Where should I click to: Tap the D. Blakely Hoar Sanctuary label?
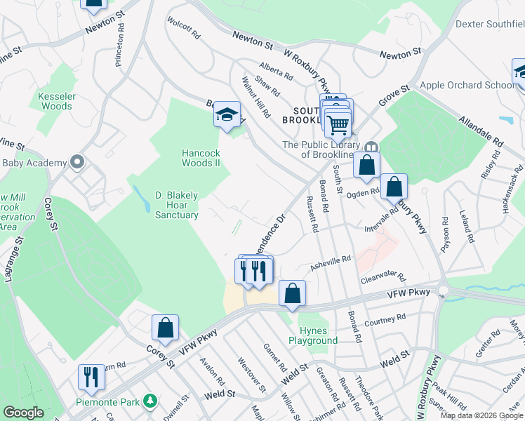(176, 205)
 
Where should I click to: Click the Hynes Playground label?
(313, 335)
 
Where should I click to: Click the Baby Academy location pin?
(77, 163)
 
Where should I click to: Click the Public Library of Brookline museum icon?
(371, 147)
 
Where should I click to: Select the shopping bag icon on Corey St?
(165, 327)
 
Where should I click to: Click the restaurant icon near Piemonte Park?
(91, 377)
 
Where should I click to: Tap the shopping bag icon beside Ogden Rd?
(394, 187)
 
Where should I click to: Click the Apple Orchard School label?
(467, 86)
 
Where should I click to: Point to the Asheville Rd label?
(330, 262)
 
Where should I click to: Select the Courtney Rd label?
(385, 320)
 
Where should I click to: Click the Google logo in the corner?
(23, 413)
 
